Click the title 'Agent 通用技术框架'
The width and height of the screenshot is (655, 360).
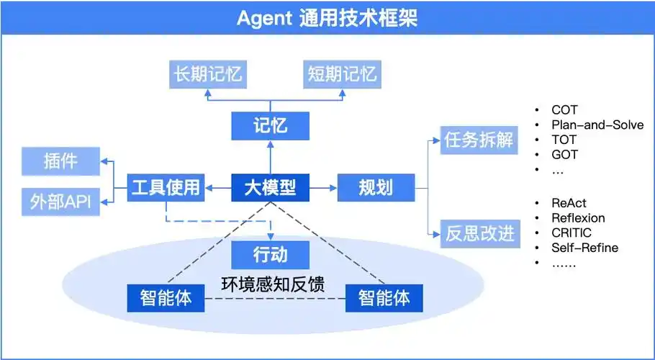[x=327, y=18]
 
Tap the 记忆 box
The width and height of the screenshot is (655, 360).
[x=270, y=126]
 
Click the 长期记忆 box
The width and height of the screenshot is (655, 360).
[x=207, y=74]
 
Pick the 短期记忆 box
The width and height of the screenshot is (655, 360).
[x=342, y=74]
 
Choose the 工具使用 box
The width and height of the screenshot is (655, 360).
[x=165, y=189]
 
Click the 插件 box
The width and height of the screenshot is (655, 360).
[x=60, y=161]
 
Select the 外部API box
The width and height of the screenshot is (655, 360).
[x=60, y=202]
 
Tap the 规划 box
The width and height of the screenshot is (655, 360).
[x=376, y=189]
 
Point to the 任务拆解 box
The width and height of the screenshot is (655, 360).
[x=479, y=140]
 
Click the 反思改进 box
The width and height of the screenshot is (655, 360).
[x=479, y=234]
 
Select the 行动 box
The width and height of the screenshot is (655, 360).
[x=270, y=255]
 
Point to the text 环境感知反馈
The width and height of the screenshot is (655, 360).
[x=272, y=284]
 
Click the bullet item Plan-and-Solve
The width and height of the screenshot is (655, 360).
[x=597, y=125]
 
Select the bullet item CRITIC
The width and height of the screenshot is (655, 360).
[x=572, y=233]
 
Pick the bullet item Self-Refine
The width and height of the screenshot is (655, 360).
[x=584, y=248]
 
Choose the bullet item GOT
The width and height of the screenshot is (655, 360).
[x=564, y=154]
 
